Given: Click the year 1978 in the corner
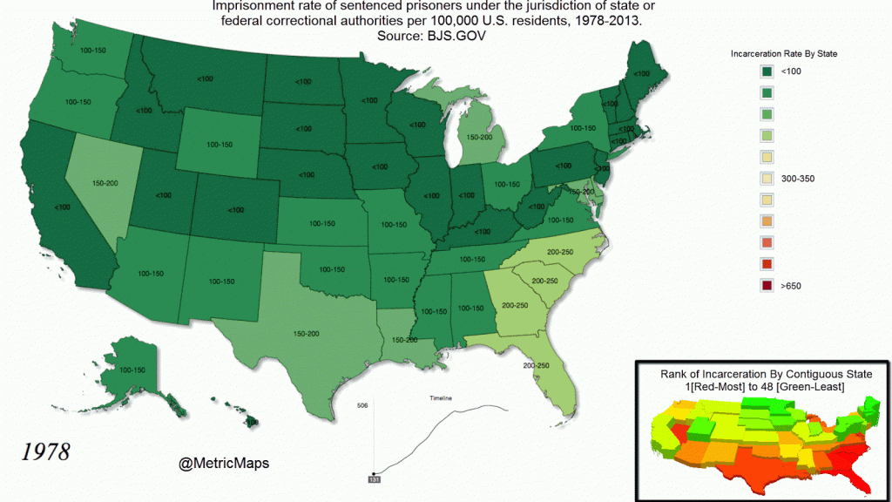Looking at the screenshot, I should [x=45, y=452].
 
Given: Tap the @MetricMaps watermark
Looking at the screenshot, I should [x=224, y=464].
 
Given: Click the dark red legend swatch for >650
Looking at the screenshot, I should [x=767, y=284].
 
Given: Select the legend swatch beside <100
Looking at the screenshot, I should [x=767, y=71].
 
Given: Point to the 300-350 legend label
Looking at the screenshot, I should [x=797, y=178].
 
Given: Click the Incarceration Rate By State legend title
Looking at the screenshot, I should [x=784, y=54].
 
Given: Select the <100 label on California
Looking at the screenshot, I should [x=62, y=207].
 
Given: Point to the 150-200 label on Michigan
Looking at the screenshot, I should [x=479, y=137].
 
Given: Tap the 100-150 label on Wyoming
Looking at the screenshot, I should [x=220, y=144].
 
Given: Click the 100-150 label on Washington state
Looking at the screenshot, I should [x=92, y=51].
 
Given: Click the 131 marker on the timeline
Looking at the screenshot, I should [x=373, y=479].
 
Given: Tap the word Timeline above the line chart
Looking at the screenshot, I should [x=442, y=398].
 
